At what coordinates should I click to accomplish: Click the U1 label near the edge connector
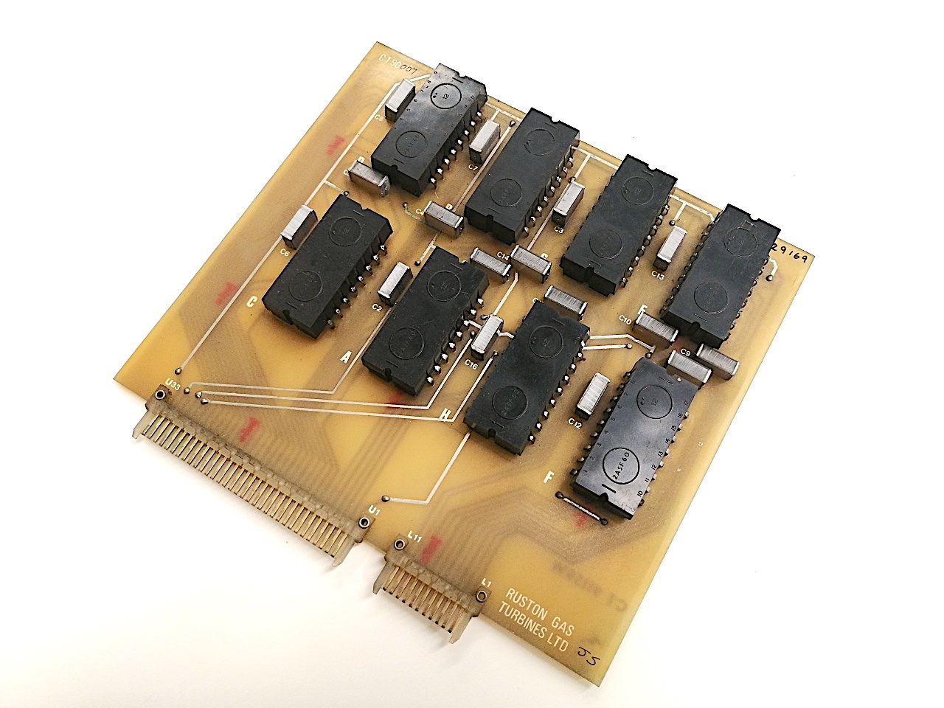tap(374, 510)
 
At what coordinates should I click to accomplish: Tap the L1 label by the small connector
tap(485, 583)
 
